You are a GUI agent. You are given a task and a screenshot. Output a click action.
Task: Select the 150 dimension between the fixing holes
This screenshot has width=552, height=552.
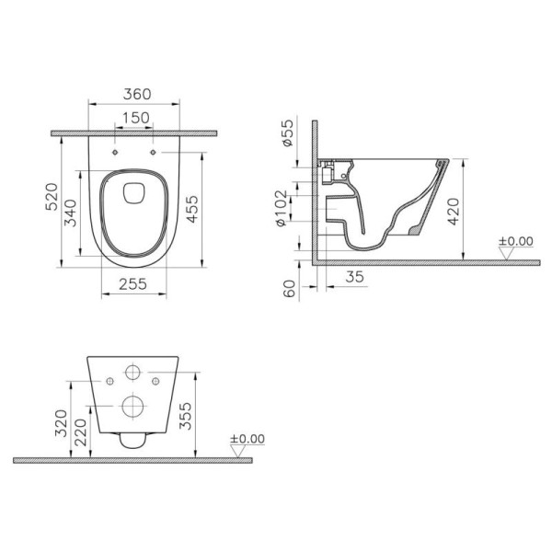coord(133,117)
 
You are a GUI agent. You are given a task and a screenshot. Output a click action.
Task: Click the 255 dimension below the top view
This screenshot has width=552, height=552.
coord(132,286)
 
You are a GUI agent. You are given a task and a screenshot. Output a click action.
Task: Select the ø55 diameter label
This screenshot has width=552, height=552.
coord(288,137)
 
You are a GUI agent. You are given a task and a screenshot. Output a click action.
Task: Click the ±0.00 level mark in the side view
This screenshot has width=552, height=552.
coord(515,242)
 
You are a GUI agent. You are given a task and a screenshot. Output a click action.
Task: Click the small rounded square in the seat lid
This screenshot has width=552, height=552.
coord(132,190)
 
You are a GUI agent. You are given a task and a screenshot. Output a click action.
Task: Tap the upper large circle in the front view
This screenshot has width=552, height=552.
coord(132,374)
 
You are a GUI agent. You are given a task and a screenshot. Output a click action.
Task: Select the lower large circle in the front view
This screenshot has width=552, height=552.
coord(132,405)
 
